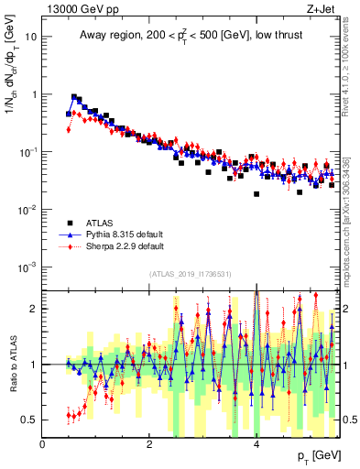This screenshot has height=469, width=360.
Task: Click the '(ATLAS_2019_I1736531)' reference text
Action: (x=191, y=275)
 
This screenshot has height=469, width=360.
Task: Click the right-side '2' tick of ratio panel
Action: (x=346, y=309)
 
